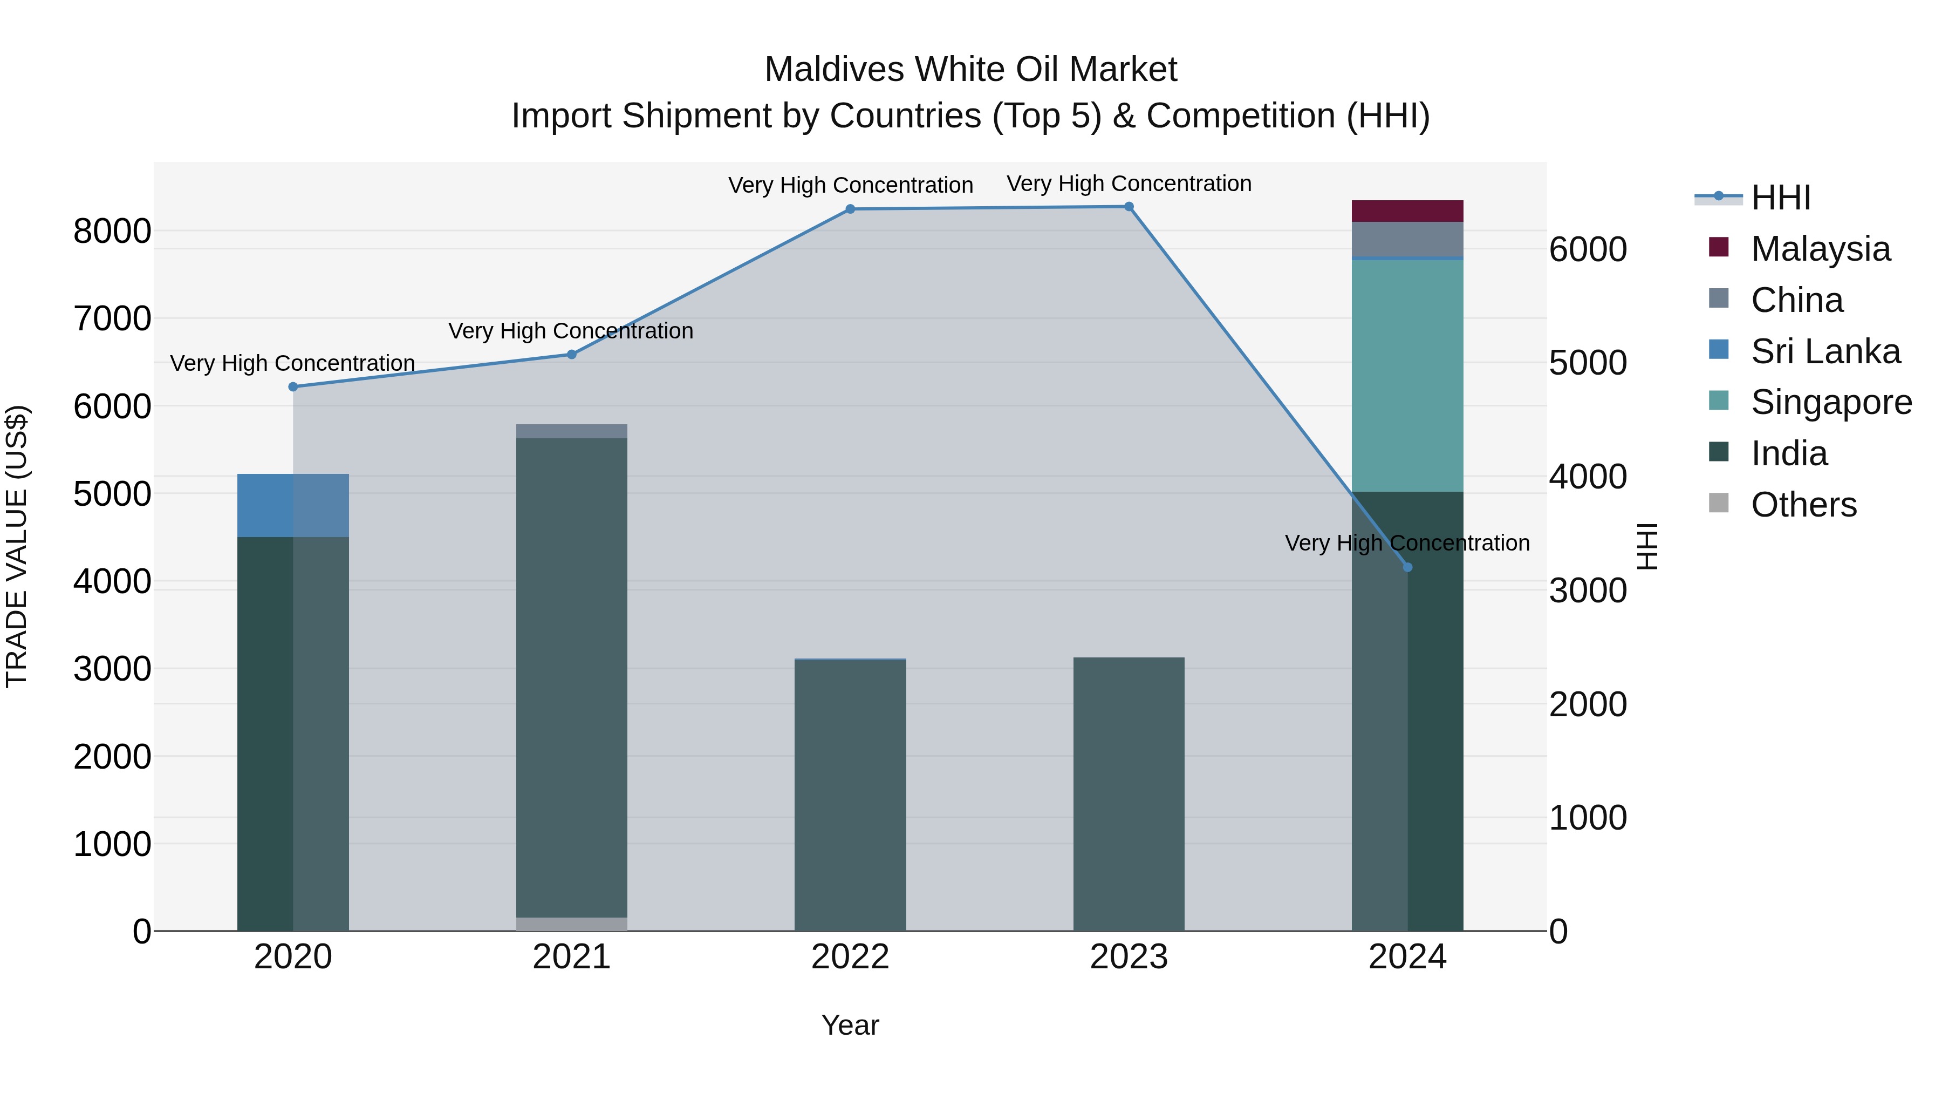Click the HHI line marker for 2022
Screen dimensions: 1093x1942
coord(850,209)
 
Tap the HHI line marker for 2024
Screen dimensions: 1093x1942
coord(1407,567)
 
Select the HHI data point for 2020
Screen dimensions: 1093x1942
coord(293,387)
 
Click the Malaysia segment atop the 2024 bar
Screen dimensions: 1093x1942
coord(1407,211)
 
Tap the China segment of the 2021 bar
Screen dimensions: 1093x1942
coord(571,431)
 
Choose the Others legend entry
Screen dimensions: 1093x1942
coord(1803,505)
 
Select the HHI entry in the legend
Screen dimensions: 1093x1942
coord(1780,198)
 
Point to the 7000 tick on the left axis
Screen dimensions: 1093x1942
coord(112,318)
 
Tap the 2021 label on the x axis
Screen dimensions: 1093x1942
coord(571,957)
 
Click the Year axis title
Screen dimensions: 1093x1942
coord(850,1025)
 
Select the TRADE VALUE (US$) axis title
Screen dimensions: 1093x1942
coord(17,546)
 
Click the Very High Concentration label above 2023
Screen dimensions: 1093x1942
coord(1129,184)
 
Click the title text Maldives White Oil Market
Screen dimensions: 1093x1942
coord(970,70)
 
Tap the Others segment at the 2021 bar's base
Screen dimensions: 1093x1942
coord(571,924)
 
